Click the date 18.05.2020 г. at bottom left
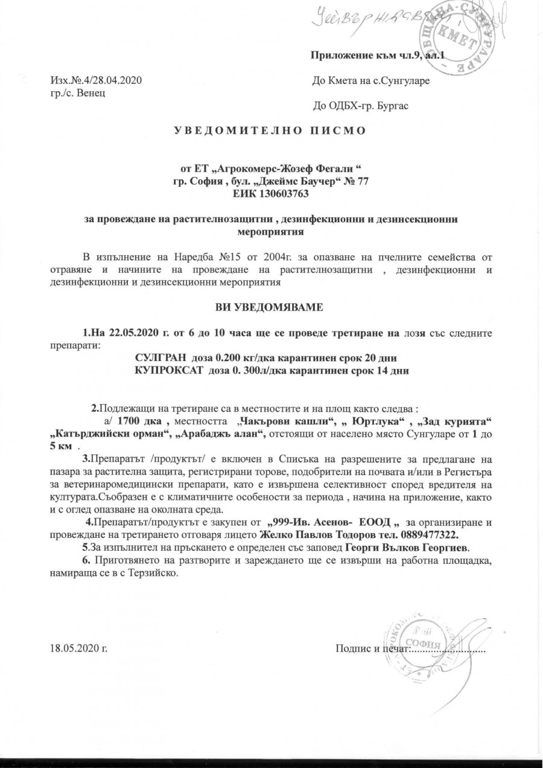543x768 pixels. [x=78, y=649]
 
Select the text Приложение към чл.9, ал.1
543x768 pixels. [x=376, y=56]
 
